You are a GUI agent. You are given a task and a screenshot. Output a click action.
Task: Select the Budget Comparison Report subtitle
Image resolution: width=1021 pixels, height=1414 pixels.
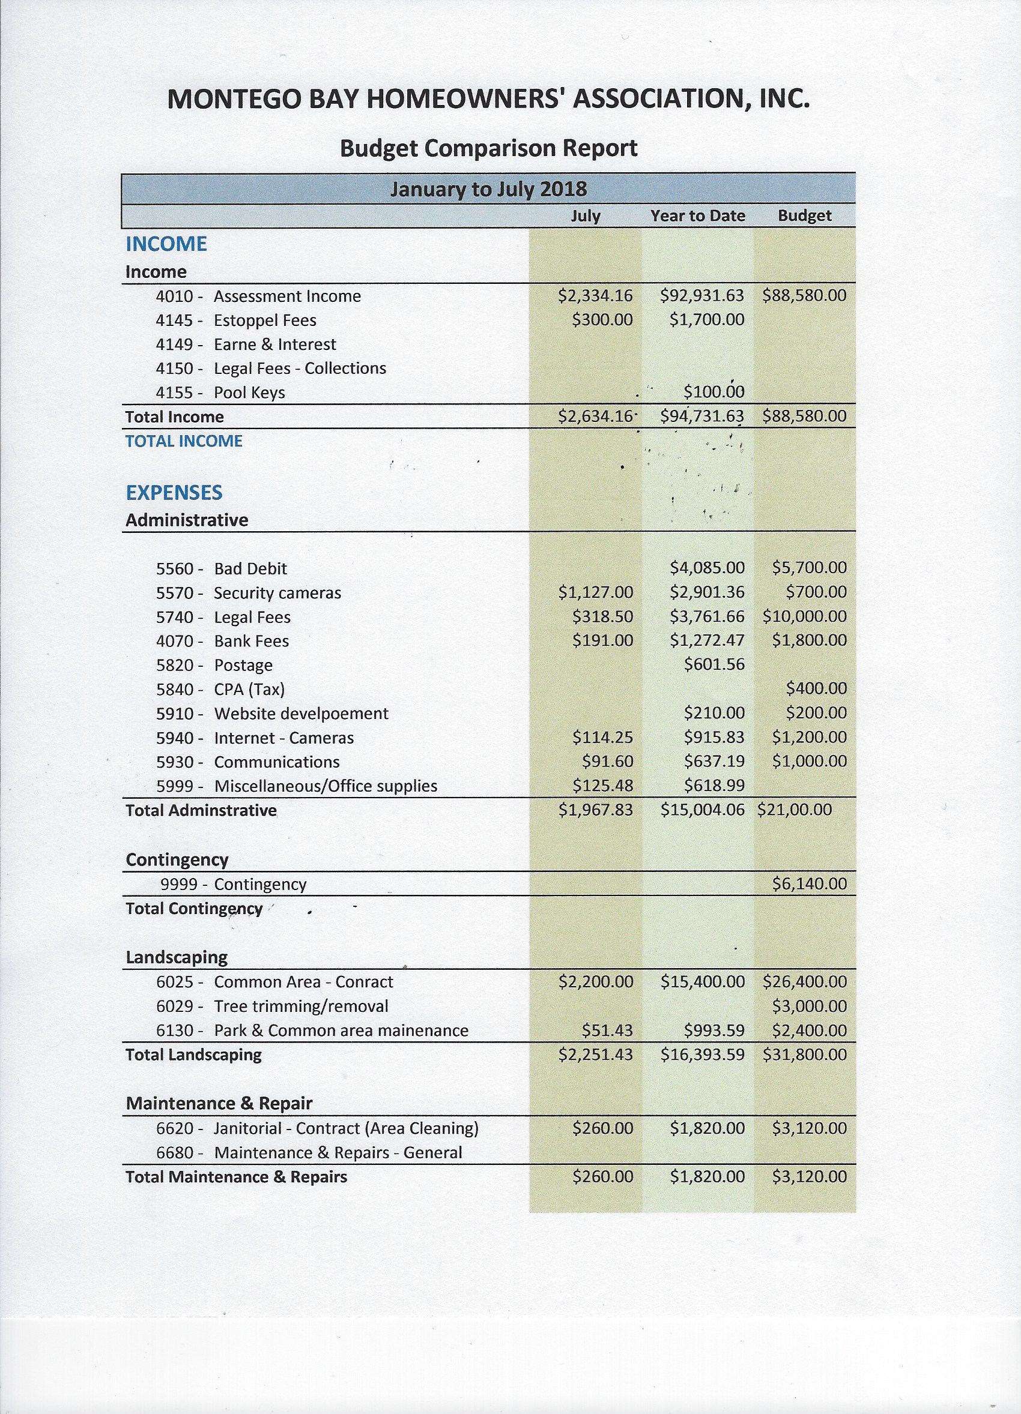click(x=488, y=148)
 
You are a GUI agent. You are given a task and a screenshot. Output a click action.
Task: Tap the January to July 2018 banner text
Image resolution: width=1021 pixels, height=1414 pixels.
click(x=488, y=189)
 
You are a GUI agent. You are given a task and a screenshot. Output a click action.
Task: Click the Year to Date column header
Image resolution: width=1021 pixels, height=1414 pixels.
click(x=697, y=215)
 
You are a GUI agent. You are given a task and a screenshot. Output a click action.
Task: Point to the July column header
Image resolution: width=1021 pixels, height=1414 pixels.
click(x=586, y=215)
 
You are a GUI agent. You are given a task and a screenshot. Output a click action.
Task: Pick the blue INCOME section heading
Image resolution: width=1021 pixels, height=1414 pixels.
click(x=166, y=244)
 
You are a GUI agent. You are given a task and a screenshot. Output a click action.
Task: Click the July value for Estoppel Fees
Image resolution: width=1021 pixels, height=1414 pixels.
click(x=602, y=320)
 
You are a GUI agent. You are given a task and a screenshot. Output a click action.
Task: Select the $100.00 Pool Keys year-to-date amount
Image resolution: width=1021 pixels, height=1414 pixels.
click(x=713, y=392)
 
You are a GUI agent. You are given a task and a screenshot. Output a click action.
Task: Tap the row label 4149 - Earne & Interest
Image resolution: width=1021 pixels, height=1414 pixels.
click(x=246, y=344)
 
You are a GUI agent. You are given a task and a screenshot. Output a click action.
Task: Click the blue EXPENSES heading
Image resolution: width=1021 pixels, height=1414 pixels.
click(x=174, y=493)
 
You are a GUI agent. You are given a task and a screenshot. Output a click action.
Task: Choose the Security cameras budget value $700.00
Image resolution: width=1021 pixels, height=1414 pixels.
click(x=816, y=592)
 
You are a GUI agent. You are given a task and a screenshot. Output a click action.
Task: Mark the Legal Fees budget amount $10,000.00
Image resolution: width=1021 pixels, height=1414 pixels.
click(x=804, y=616)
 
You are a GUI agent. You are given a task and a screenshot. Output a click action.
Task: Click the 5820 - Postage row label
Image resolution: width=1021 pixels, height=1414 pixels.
click(x=214, y=665)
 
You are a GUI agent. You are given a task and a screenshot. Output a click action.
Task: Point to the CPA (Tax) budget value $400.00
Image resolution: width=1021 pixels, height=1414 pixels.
click(x=816, y=689)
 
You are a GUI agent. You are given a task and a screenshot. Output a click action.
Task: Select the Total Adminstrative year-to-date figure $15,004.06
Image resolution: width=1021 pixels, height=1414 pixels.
click(x=702, y=810)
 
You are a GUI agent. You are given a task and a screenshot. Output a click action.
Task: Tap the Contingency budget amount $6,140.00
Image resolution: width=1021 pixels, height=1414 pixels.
click(x=809, y=884)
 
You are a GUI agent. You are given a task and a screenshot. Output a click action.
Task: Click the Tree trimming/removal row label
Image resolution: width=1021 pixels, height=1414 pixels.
click(x=272, y=1006)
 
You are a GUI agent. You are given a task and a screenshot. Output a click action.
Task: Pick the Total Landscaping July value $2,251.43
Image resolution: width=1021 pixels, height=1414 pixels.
click(x=595, y=1055)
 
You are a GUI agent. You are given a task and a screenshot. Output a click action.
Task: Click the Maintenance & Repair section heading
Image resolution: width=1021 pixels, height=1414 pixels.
click(x=219, y=1104)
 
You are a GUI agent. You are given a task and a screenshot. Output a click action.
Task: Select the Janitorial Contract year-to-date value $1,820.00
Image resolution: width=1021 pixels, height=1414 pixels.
click(x=707, y=1128)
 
